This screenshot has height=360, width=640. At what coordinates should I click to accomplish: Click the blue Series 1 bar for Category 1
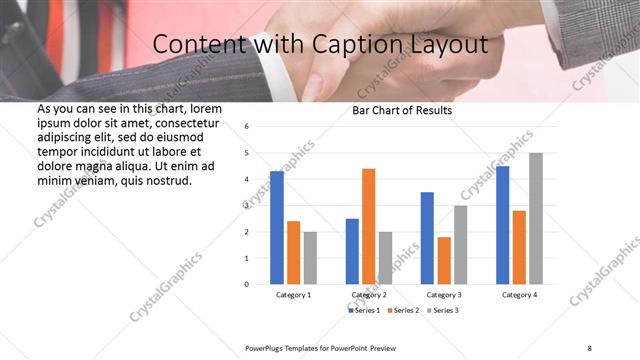click(277, 228)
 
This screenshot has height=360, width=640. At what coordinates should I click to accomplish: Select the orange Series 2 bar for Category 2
click(368, 226)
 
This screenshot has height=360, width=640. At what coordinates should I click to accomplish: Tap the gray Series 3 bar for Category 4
click(536, 219)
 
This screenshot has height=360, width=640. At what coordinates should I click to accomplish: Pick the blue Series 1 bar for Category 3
click(427, 238)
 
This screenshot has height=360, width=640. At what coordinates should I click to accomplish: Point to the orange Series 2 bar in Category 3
click(444, 260)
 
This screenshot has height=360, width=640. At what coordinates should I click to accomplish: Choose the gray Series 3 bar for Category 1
click(310, 258)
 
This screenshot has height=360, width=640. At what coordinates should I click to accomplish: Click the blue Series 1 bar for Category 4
click(502, 225)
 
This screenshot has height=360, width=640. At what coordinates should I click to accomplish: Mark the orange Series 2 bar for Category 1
click(293, 252)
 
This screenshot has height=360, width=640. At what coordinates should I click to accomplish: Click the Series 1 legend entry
click(364, 310)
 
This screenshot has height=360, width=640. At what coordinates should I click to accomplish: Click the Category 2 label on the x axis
click(368, 295)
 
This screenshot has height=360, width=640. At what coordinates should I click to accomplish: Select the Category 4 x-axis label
click(519, 295)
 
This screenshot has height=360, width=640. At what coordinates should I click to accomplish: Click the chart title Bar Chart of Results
click(403, 110)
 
